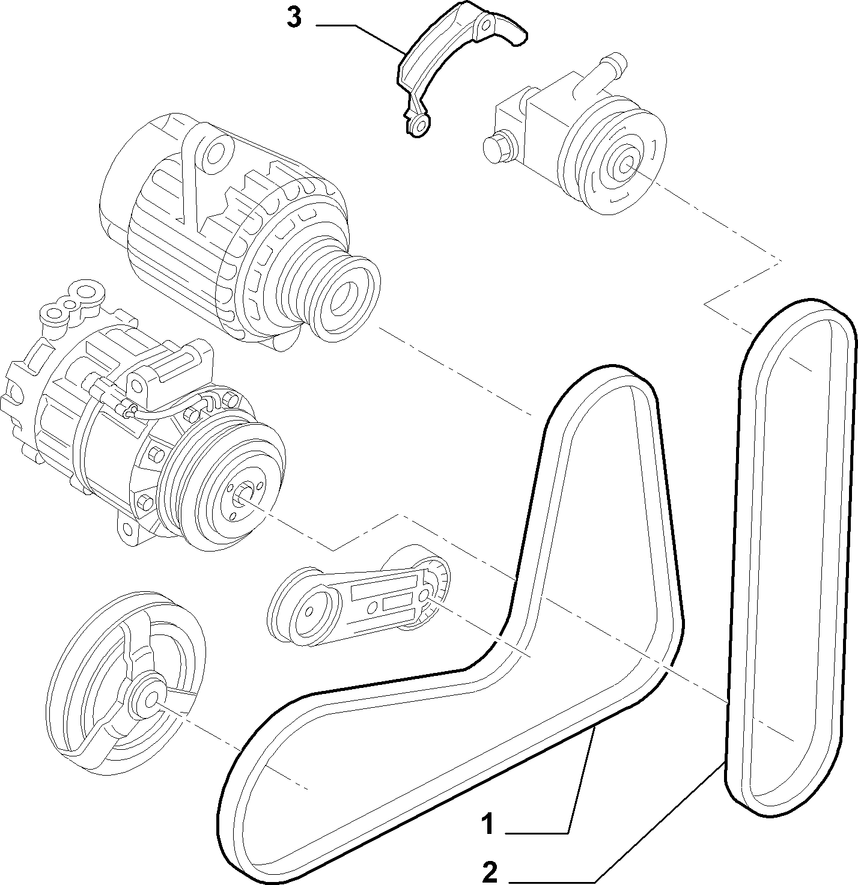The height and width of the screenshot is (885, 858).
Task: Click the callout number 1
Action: click(x=487, y=824)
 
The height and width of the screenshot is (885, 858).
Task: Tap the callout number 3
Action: click(x=294, y=18)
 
